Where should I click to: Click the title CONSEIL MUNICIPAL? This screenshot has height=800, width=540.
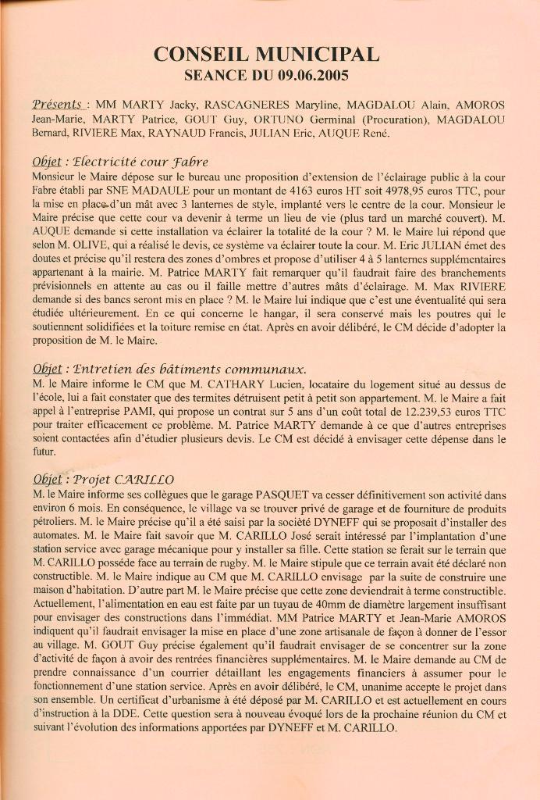tap(268, 54)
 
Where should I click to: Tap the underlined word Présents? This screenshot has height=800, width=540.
tap(58, 105)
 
